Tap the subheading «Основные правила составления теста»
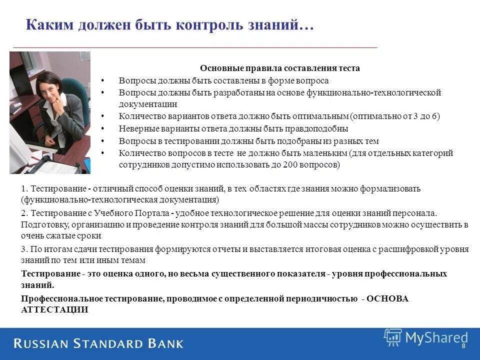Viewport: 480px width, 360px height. point(280,68)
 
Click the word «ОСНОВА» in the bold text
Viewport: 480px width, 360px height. point(387,298)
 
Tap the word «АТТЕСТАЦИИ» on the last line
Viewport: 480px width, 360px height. point(54,309)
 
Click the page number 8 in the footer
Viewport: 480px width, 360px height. point(463,346)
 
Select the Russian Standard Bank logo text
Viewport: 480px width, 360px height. point(98,344)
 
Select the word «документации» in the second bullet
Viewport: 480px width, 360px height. point(148,104)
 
